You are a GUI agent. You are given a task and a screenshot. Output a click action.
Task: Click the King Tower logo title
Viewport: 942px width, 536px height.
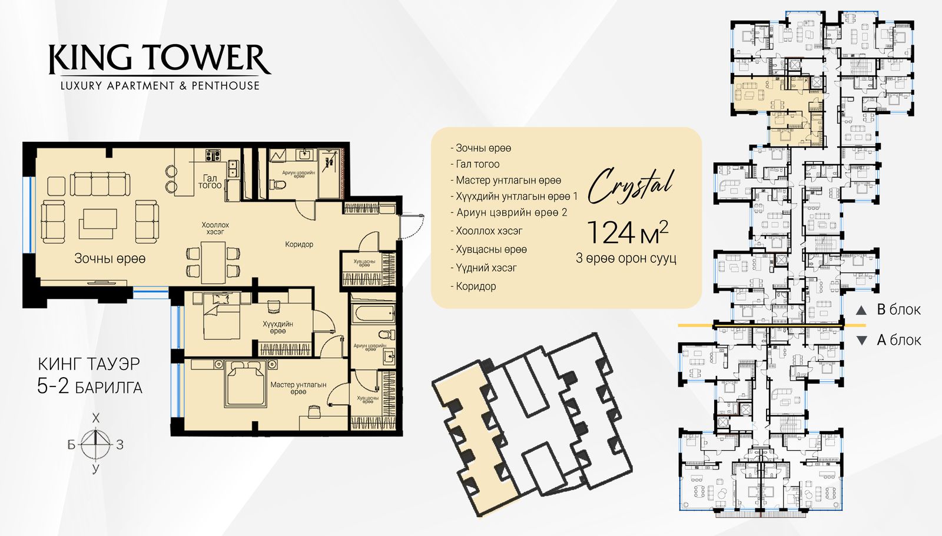pos(160,59)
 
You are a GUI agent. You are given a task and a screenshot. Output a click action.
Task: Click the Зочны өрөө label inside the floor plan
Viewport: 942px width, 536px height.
pos(110,258)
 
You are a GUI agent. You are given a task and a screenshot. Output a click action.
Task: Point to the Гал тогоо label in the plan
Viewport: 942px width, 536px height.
pos(210,182)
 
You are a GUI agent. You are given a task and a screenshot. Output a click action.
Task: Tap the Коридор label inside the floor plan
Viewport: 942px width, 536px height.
pos(299,244)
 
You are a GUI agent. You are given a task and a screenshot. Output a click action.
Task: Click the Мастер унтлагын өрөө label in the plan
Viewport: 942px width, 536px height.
pos(298,388)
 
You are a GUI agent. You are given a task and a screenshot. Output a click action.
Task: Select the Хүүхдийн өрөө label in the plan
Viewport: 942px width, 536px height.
pos(277,328)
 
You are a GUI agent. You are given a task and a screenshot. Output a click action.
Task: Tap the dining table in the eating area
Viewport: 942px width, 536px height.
pos(213,262)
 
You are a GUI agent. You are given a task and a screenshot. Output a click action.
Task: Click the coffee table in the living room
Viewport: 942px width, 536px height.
pos(98,224)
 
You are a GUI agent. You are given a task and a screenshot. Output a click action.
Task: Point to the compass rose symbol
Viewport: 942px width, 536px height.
pos(96,444)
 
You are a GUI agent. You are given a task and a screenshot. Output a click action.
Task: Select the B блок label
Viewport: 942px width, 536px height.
pos(898,310)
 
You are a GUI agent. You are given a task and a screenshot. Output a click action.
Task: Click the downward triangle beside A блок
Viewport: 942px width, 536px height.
pos(862,341)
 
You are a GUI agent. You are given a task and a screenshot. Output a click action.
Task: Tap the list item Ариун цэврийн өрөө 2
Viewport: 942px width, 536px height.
pos(509,213)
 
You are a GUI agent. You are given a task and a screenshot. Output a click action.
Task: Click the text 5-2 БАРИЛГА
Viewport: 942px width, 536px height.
pos(90,387)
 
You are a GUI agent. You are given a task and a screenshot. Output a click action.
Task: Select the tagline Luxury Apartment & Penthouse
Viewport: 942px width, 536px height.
pos(160,86)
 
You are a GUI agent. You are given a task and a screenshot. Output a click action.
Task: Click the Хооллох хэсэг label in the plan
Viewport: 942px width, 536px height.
pos(215,228)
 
